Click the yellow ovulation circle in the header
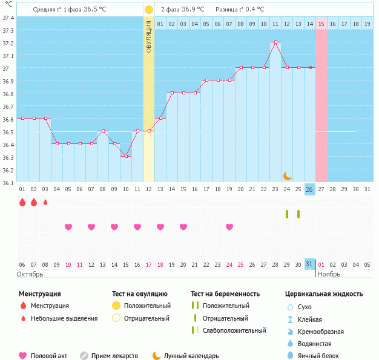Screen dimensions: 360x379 (x=149, y=10)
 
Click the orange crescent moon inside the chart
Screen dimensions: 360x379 (x=288, y=176)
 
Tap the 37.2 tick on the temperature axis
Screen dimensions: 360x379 (x=8, y=43)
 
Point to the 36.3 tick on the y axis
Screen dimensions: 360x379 (x=8, y=157)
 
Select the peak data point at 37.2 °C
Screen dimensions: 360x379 (x=275, y=42)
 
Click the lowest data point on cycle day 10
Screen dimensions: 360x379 (x=126, y=157)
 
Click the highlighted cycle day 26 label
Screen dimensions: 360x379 (x=309, y=189)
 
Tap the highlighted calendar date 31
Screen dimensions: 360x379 (x=309, y=264)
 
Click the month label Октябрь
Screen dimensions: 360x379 (x=31, y=274)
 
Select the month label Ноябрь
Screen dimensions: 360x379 (x=329, y=274)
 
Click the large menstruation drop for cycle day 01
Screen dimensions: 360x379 (x=22, y=202)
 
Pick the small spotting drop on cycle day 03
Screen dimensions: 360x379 (x=45, y=202)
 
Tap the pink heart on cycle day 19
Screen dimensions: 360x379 (x=229, y=227)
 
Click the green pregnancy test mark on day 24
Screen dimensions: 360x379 (x=287, y=214)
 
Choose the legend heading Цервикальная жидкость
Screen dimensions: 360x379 (x=324, y=293)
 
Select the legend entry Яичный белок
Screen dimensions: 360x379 (x=323, y=356)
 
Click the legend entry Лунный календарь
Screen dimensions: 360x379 (x=195, y=356)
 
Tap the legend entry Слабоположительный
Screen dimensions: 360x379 (x=234, y=330)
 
